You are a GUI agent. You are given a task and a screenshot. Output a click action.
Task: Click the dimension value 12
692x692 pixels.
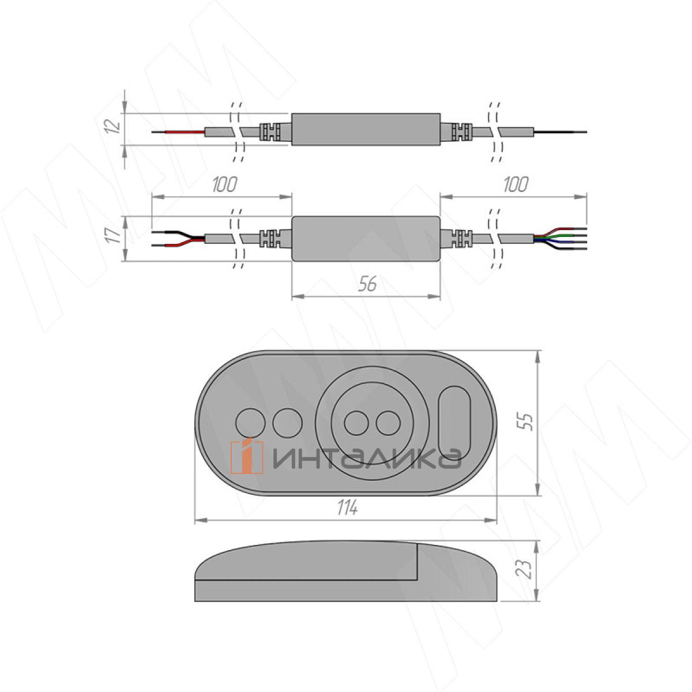click(113, 126)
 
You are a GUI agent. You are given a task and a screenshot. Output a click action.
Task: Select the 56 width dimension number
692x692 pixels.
click(367, 284)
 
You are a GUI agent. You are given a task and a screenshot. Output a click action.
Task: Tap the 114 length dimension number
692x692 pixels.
click(347, 508)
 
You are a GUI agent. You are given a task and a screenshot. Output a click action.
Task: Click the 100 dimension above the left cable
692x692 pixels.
click(224, 185)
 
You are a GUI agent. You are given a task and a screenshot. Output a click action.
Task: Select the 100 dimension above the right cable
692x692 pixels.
click(516, 185)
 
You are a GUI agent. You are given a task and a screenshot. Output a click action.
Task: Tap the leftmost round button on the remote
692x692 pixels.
click(250, 423)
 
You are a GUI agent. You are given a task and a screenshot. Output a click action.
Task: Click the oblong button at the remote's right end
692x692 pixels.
click(454, 422)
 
